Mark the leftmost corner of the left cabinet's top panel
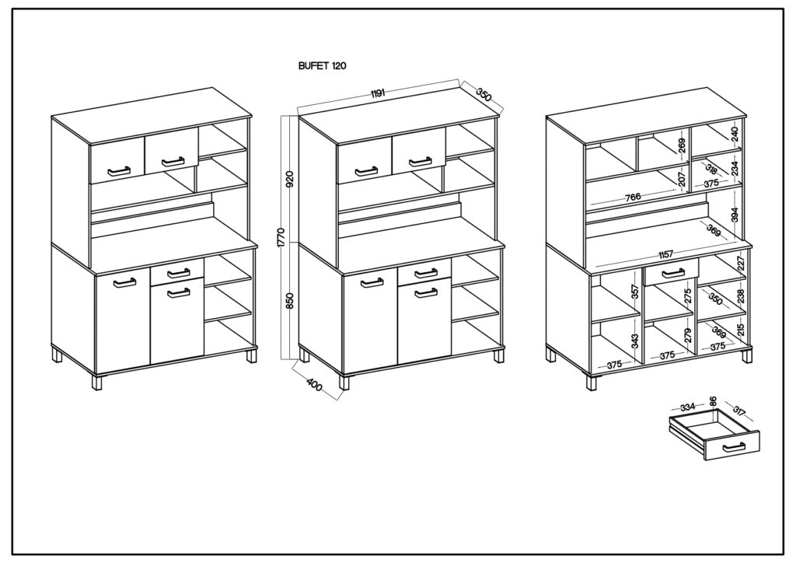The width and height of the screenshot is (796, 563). coord(51,117)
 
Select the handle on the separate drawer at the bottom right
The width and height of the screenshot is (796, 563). coord(733,446)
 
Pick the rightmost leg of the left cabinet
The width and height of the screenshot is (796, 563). coord(251,355)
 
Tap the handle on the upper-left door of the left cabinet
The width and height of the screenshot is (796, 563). coord(118,170)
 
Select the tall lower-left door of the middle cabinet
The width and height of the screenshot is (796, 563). coord(370,320)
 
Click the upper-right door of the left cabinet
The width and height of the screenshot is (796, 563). coord(171,149)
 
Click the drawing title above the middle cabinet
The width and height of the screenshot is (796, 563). coord(322,66)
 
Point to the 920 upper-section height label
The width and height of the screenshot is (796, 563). coord(289,180)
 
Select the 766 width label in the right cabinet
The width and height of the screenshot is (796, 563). coord(632,197)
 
